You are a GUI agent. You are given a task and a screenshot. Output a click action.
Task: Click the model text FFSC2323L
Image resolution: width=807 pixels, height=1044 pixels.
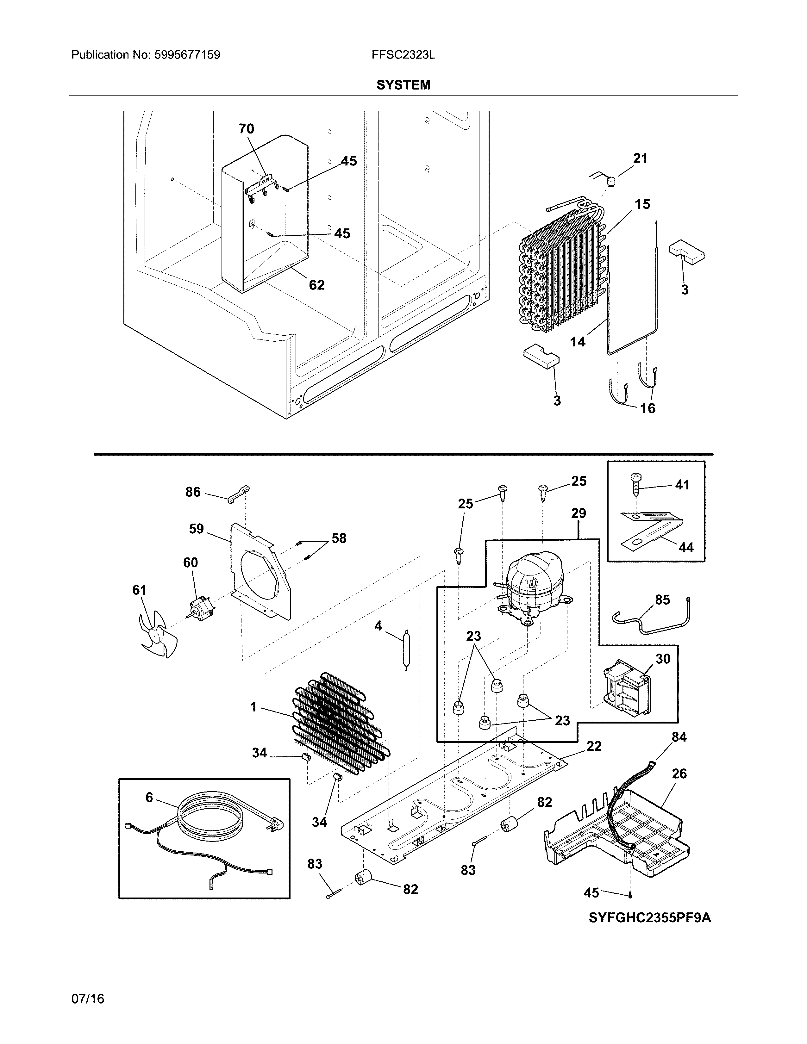pos(403,55)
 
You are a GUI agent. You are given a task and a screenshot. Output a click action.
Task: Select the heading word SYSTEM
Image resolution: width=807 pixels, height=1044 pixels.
pos(403,85)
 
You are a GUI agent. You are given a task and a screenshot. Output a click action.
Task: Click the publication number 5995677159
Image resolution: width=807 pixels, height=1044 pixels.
pos(187,55)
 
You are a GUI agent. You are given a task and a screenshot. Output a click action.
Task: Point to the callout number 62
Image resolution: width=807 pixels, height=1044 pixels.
pos(316,285)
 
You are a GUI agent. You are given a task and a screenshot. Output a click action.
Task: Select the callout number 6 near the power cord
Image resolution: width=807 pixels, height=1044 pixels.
pos(149,797)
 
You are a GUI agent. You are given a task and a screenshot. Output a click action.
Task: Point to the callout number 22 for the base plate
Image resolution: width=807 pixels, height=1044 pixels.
pos(594,746)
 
